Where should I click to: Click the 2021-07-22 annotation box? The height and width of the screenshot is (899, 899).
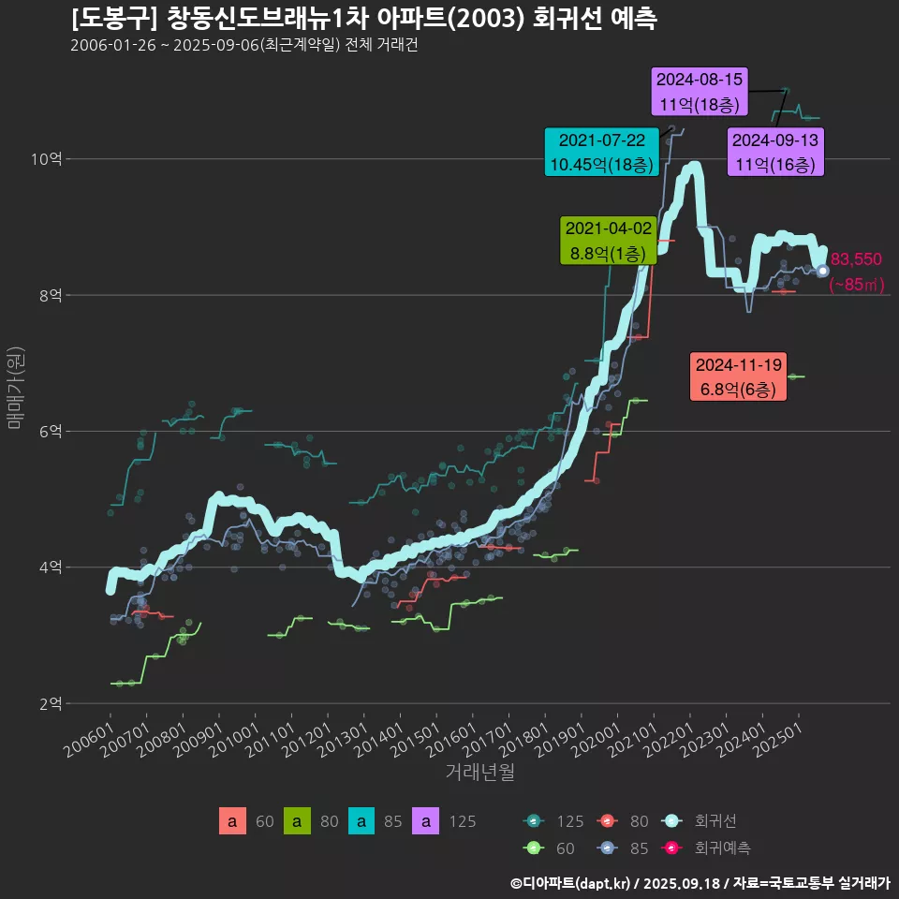(600, 153)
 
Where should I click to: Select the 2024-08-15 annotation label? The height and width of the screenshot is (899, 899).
(700, 92)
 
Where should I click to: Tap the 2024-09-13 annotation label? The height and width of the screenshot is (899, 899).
(775, 153)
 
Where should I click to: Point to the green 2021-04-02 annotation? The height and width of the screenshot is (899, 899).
(607, 241)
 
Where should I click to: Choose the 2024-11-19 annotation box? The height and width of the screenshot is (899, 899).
(738, 376)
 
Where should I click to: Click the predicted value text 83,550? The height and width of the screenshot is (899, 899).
(856, 260)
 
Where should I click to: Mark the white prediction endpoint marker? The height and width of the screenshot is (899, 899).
(822, 271)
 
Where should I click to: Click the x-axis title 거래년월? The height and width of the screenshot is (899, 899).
(479, 773)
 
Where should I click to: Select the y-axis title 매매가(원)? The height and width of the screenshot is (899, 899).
(15, 387)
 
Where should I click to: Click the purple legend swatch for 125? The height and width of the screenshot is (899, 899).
(426, 821)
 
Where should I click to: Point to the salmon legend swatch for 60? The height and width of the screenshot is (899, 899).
(232, 821)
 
